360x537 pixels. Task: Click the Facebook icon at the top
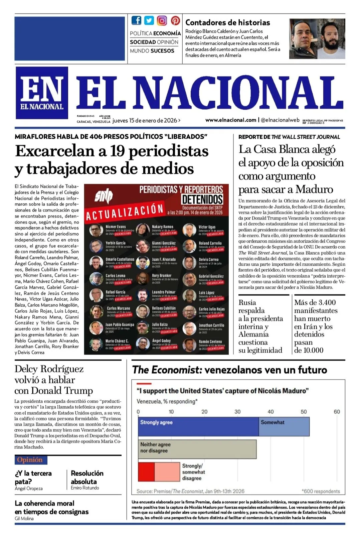pyautogui.click(x=136, y=20)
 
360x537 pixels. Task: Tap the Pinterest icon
pyautogui.click(x=175, y=20)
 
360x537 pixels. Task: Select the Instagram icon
pyautogui.click(x=162, y=20)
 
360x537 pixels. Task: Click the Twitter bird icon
pyautogui.click(x=149, y=20)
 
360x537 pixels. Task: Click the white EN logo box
pyautogui.click(x=42, y=93)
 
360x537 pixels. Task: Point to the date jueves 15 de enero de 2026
pyautogui.click(x=146, y=121)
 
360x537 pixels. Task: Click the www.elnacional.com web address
pyautogui.click(x=231, y=120)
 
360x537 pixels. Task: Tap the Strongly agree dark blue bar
pyautogui.click(x=198, y=426)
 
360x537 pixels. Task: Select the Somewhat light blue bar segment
pyautogui.click(x=284, y=426)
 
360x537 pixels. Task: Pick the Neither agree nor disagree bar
pyautogui.click(x=197, y=449)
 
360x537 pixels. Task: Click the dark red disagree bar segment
pyautogui.click(x=146, y=472)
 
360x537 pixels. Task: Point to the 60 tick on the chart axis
pyautogui.click(x=337, y=412)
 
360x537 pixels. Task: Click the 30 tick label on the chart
pyautogui.click(x=237, y=412)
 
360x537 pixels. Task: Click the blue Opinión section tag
pyautogui.click(x=31, y=460)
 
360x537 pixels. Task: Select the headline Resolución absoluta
pyautogui.click(x=87, y=477)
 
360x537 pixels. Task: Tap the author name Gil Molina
pyautogui.click(x=24, y=518)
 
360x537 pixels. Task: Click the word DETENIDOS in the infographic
pyautogui.click(x=202, y=199)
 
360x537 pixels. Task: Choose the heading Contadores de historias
pyautogui.click(x=227, y=23)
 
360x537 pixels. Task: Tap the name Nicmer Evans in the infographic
pyautogui.click(x=116, y=227)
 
